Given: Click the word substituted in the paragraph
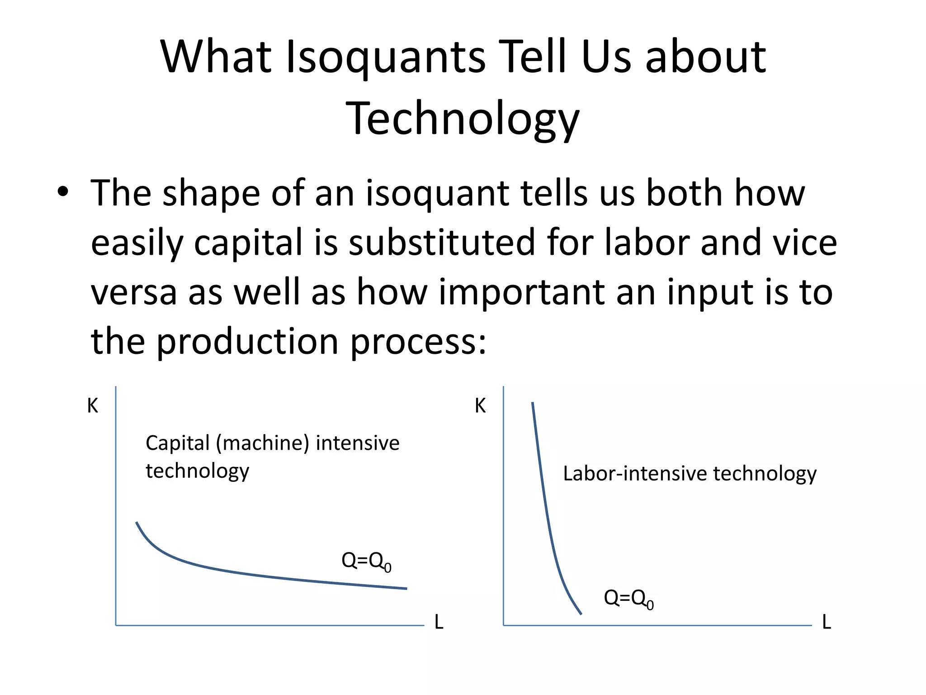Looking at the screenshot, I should click(442, 242).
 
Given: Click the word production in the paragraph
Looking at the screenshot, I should click(247, 342).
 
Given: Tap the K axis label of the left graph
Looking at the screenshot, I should click(92, 406).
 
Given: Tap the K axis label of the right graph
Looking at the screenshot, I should click(480, 406).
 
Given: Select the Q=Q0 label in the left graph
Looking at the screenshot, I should click(366, 562).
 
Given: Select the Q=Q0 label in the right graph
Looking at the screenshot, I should click(628, 599).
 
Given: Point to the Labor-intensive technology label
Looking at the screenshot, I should click(690, 474).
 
